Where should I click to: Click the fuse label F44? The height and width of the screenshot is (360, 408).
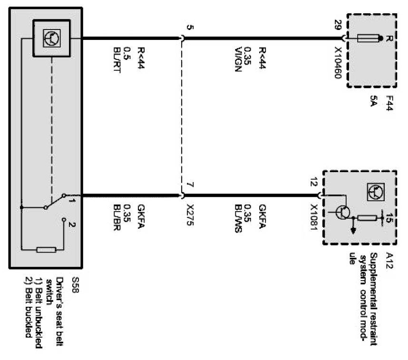pyautogui.click(x=389, y=104)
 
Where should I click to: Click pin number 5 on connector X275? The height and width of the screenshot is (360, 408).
pyautogui.click(x=190, y=28)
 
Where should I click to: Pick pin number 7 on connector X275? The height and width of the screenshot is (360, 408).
pyautogui.click(x=190, y=185)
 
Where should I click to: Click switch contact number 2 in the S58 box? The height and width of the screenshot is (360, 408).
pyautogui.click(x=71, y=224)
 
